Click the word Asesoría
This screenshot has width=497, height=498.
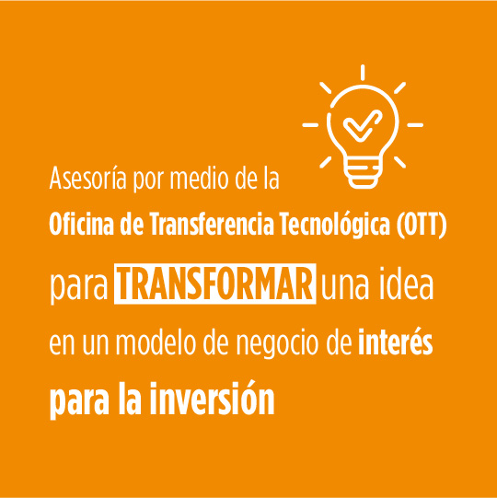point(87,179)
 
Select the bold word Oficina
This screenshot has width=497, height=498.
point(81,224)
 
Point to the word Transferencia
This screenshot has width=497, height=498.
point(212,224)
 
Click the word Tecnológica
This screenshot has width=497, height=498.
point(335,225)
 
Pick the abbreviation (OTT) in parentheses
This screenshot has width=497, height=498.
point(422,225)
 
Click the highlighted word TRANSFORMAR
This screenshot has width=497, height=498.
point(215,284)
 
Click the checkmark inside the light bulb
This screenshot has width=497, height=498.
point(363,125)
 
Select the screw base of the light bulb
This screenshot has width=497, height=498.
point(363,174)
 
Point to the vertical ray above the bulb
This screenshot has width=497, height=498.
point(363,73)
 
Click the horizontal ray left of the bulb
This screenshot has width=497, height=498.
point(310,125)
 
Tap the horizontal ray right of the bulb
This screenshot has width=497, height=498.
point(415,125)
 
